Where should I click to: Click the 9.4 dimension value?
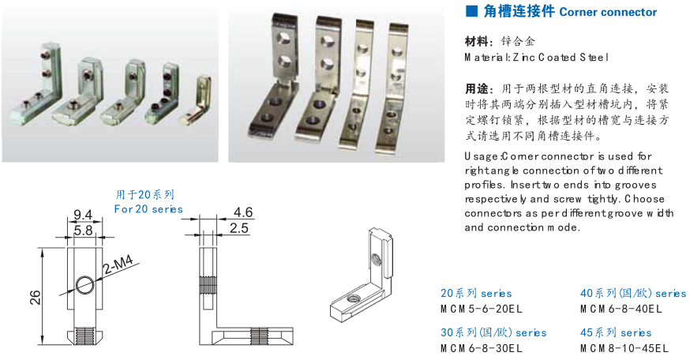pyautogui.click(x=83, y=213)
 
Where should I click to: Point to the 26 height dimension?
pyautogui.click(x=34, y=297)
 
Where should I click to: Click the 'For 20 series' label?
pyautogui.click(x=148, y=209)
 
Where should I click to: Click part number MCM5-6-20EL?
pyautogui.click(x=481, y=308)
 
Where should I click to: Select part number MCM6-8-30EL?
pyautogui.click(x=481, y=347)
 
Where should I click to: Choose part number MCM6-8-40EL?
pyautogui.click(x=621, y=308)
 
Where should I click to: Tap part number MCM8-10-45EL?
pyautogui.click(x=624, y=347)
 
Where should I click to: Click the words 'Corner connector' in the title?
pyautogui.click(x=607, y=12)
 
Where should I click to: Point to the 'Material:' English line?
pyautogui.click(x=537, y=57)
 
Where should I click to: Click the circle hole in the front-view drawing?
pyautogui.click(x=84, y=285)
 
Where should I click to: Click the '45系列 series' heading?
pyautogui.click(x=616, y=332)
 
